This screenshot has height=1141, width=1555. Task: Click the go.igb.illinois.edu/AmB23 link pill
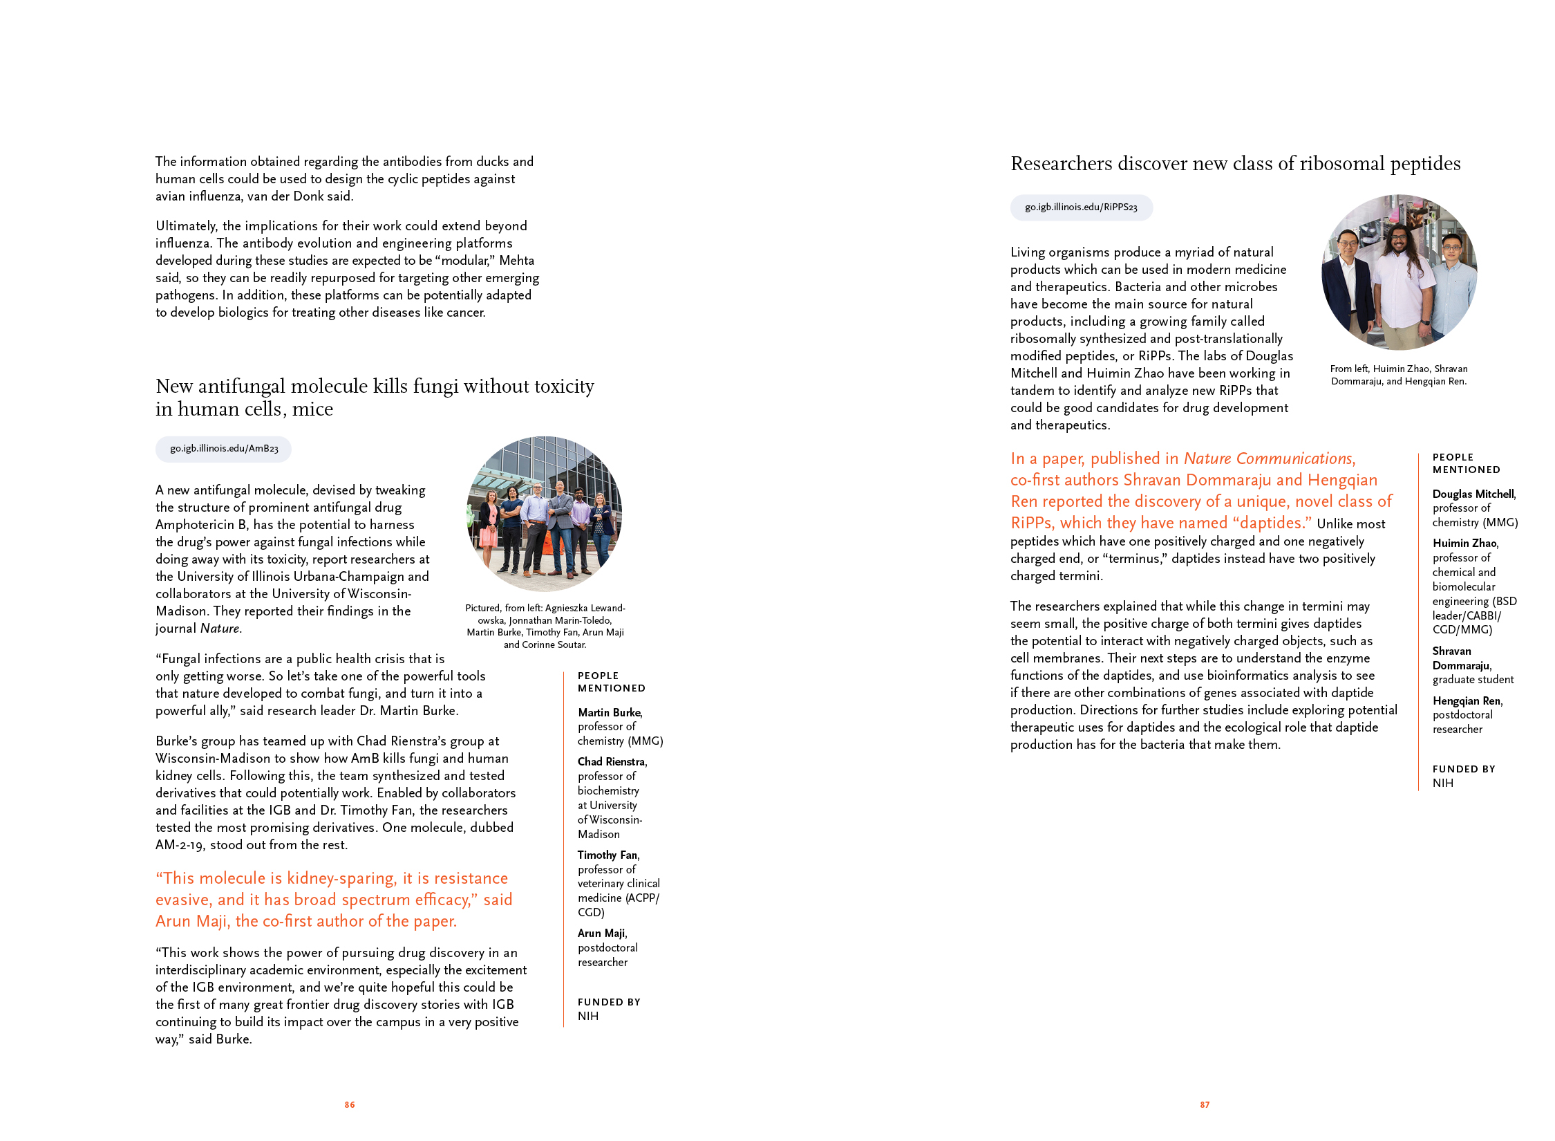pyautogui.click(x=224, y=449)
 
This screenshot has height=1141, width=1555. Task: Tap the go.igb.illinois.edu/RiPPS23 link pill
pyautogui.click(x=1081, y=207)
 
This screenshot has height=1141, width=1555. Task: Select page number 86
pyautogui.click(x=350, y=1105)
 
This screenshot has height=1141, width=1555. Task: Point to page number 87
pyautogui.click(x=1205, y=1105)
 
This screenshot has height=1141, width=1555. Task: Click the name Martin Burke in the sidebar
pyautogui.click(x=610, y=712)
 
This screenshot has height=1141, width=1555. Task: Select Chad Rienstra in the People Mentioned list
pyautogui.click(x=612, y=761)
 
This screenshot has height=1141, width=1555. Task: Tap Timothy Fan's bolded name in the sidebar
pyautogui.click(x=608, y=855)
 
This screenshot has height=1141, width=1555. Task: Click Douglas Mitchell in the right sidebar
pyautogui.click(x=1473, y=494)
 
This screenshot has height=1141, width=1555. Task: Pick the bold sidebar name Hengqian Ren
pyautogui.click(x=1467, y=701)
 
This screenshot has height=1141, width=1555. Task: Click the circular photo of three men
pyautogui.click(x=1399, y=272)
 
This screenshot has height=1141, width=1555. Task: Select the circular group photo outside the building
pyautogui.click(x=544, y=514)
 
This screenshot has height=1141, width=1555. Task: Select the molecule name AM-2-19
pyautogui.click(x=180, y=844)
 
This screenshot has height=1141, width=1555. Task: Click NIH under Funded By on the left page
pyautogui.click(x=588, y=1016)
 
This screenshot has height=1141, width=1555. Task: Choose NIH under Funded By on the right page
pyautogui.click(x=1442, y=783)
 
